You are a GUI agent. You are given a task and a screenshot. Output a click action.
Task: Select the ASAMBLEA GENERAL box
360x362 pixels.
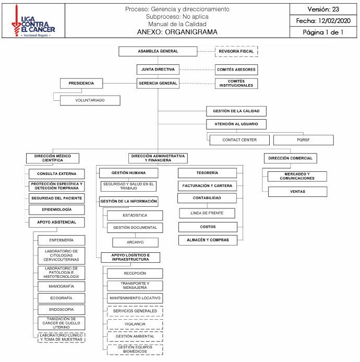pos(158,51)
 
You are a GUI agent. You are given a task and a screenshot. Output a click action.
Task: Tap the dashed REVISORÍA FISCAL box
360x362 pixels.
pos(236,51)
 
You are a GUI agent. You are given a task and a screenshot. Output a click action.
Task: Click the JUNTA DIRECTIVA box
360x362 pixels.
pos(158,69)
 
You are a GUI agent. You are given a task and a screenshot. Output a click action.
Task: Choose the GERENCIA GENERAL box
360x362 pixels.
pos(158,83)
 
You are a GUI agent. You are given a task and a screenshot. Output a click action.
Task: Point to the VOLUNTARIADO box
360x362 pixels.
pos(90,100)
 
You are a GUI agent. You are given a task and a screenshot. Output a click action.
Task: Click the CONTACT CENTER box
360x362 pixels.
pos(239,140)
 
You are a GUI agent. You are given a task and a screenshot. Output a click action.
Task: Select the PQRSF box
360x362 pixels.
pos(303,140)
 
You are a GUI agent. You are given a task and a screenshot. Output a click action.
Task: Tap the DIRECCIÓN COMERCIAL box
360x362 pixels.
pos(290,158)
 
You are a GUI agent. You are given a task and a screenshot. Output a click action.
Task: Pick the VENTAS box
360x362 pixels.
pos(297,192)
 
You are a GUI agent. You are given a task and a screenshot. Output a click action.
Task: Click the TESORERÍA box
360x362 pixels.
pos(207,173)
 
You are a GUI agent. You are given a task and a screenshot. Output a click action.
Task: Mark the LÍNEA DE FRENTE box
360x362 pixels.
pos(207,213)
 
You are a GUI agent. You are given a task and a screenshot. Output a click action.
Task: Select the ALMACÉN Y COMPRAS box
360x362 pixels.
pos(207,240)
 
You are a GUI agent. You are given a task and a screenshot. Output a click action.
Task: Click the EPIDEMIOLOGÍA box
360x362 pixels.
pos(56,209)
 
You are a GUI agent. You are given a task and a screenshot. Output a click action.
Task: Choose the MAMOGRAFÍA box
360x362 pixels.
pos(61,286)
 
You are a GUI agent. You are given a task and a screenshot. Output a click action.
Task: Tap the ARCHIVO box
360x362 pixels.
pos(135,242)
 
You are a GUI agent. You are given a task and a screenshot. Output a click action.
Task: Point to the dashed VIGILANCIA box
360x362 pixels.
pos(135,324)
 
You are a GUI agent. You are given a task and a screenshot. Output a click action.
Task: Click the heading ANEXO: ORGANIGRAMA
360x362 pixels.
pos(177,32)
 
